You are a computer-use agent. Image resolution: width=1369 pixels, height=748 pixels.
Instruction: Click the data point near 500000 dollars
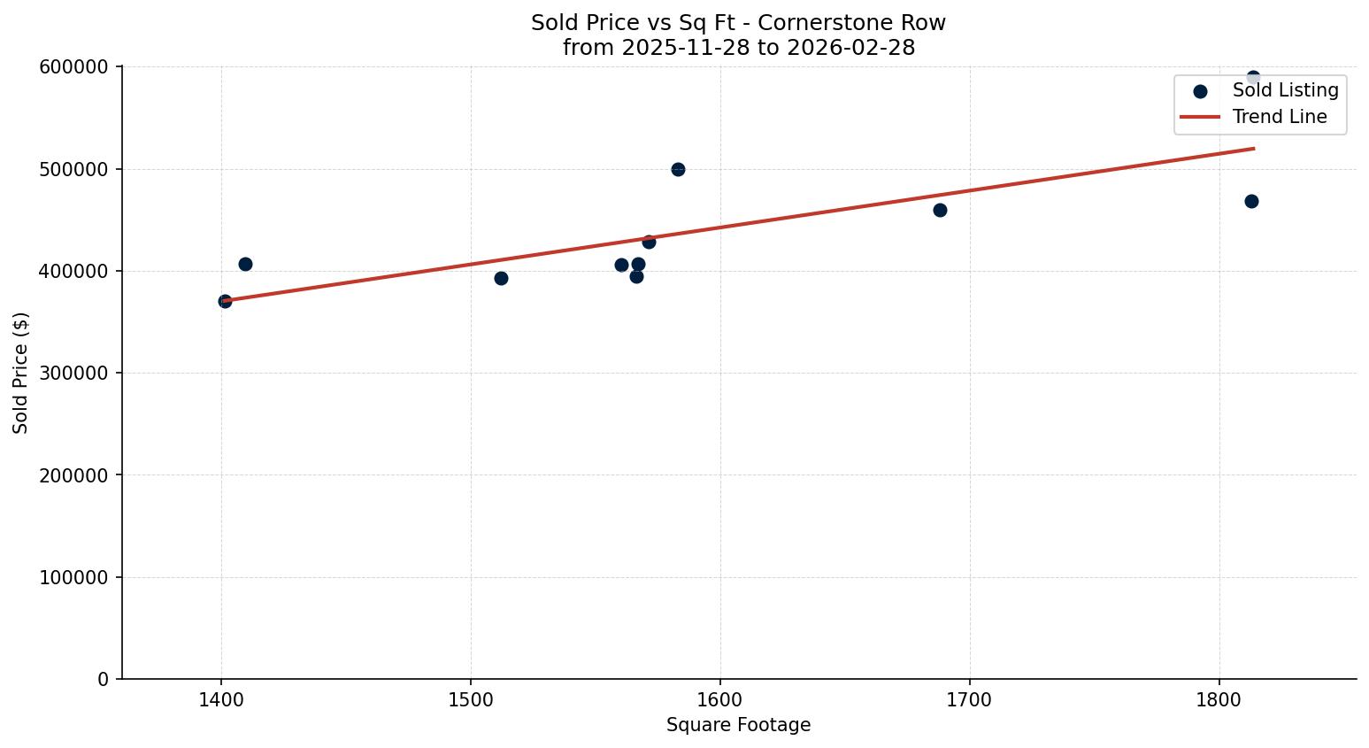(678, 169)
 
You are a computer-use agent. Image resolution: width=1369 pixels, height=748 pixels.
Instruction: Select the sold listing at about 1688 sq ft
(940, 210)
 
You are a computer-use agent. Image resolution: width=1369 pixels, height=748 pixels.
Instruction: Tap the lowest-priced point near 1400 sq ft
(225, 301)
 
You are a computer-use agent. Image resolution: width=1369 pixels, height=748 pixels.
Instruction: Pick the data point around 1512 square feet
(501, 278)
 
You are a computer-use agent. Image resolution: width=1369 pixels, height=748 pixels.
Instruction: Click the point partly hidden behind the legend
(1252, 77)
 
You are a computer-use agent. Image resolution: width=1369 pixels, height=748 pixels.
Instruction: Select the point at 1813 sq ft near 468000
(1251, 201)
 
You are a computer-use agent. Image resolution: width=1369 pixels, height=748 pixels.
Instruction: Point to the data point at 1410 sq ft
(245, 264)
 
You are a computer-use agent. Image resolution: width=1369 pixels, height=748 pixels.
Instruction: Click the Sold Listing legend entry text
(1285, 90)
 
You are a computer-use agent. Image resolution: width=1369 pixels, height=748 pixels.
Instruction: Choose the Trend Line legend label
(1280, 117)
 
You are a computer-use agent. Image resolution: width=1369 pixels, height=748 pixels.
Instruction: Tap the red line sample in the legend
(1200, 117)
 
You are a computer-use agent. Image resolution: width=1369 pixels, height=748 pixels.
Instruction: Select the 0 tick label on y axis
(104, 679)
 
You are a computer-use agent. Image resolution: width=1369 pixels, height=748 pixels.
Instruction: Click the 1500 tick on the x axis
(470, 699)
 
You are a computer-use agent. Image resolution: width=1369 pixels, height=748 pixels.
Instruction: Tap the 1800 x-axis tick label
(1219, 699)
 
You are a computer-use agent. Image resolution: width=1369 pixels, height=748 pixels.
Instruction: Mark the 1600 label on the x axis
(719, 699)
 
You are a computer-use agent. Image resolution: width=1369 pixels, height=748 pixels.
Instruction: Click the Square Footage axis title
(738, 726)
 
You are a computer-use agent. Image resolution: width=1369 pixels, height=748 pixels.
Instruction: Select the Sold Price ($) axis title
(20, 373)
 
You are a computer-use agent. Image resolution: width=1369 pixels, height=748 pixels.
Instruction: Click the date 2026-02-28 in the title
(865, 48)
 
